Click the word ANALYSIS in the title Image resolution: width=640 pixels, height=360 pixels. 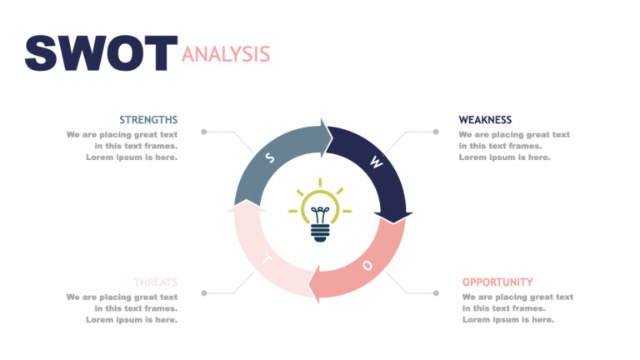tap(226, 54)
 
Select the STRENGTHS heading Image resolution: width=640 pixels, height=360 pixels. tap(148, 120)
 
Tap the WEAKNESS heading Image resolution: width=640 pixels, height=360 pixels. tap(485, 120)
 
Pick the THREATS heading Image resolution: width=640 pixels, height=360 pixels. tap(155, 282)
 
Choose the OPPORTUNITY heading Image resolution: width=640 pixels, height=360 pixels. tap(497, 282)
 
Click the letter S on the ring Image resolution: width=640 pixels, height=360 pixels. tap(269, 157)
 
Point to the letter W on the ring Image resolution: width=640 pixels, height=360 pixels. tap(376, 163)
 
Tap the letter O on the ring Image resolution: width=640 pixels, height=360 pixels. tap(367, 265)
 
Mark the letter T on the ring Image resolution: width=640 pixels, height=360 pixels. tap(267, 258)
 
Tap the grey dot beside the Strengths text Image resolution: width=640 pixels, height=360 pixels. tap(203, 132)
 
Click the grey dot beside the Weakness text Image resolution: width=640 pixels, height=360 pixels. tap(435, 132)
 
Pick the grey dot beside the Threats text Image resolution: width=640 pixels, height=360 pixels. tap(203, 293)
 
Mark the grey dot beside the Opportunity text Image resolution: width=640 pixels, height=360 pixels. tap(435, 293)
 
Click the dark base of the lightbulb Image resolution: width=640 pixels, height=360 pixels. tap(320, 232)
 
